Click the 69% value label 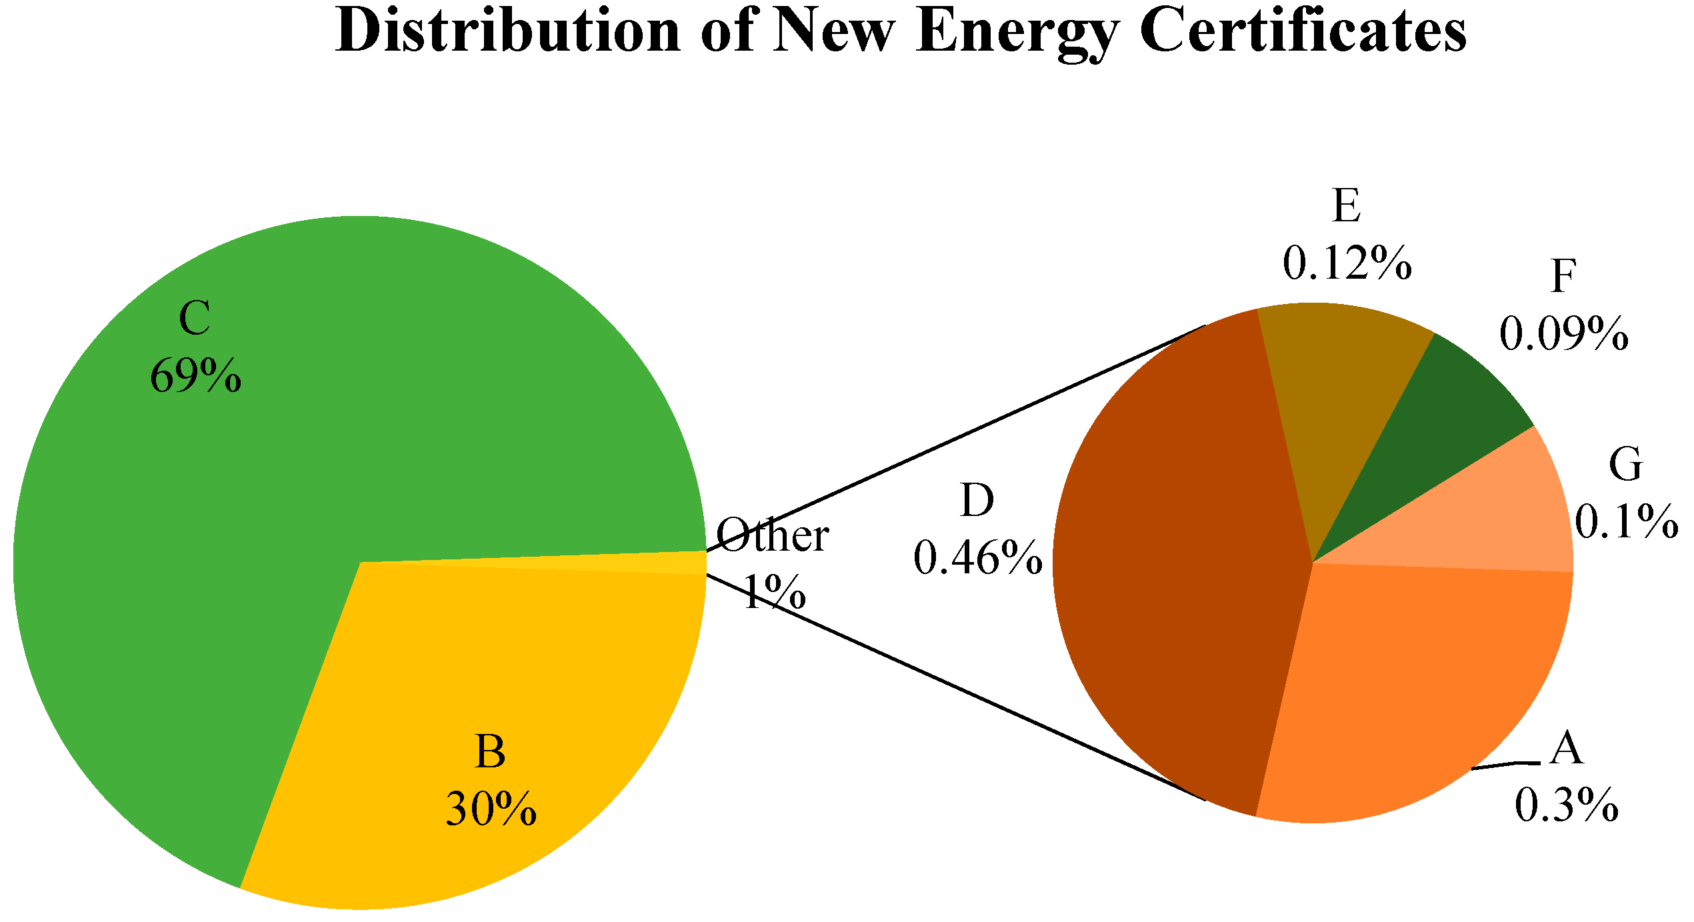(195, 377)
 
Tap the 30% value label (491, 809)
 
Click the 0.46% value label (978, 558)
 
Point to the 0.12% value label (1347, 263)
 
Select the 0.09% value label (1564, 333)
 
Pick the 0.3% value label (1567, 806)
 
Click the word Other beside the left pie (773, 535)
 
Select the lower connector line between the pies (953, 687)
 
